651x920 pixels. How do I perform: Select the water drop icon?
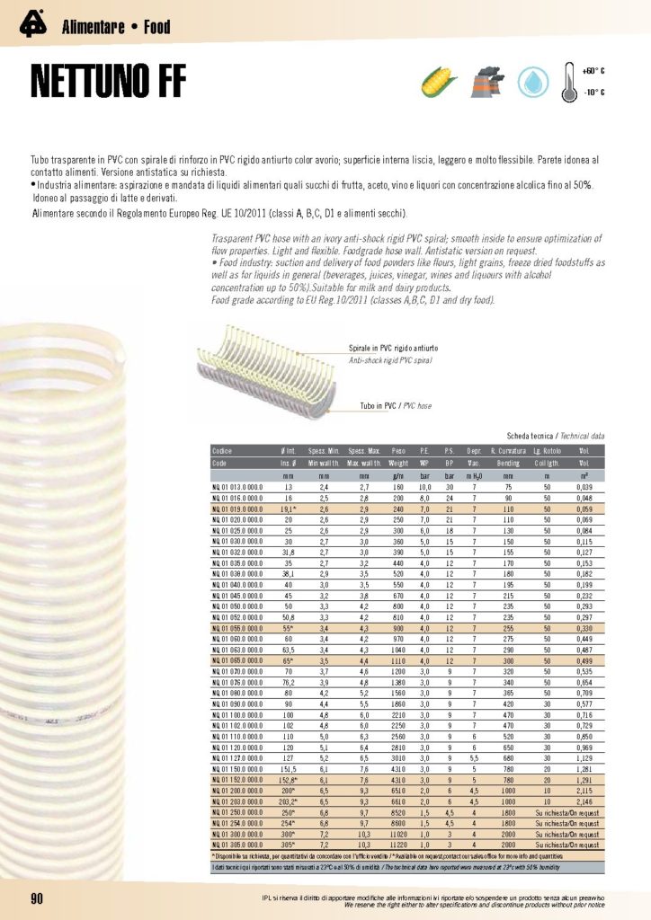(534, 82)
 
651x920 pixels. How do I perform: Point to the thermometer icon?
(569, 81)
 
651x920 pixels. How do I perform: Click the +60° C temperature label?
(593, 70)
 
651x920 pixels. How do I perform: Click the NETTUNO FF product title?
(108, 82)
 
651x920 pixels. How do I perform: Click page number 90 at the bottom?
(38, 899)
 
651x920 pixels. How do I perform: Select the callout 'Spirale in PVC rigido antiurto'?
(393, 347)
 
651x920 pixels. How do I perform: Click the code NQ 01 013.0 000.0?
(237, 485)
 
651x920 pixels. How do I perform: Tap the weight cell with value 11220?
(399, 845)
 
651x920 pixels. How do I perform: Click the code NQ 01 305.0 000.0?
(237, 845)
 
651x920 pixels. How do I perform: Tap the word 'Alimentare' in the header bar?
(93, 28)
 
